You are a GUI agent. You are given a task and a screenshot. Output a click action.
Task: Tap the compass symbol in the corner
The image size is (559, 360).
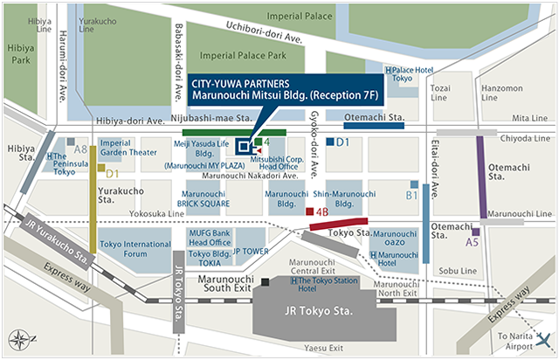18,340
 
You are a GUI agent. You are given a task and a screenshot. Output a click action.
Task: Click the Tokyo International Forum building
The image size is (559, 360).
136,248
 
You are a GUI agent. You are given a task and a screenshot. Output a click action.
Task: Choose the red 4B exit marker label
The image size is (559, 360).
322,211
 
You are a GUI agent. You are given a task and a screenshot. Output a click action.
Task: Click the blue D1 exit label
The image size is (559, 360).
342,142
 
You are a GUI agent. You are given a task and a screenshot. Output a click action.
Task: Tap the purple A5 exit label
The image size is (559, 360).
472,243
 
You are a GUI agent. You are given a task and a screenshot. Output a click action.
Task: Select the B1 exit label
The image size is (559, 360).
411,197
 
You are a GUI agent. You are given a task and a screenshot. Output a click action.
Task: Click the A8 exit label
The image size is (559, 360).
80,149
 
